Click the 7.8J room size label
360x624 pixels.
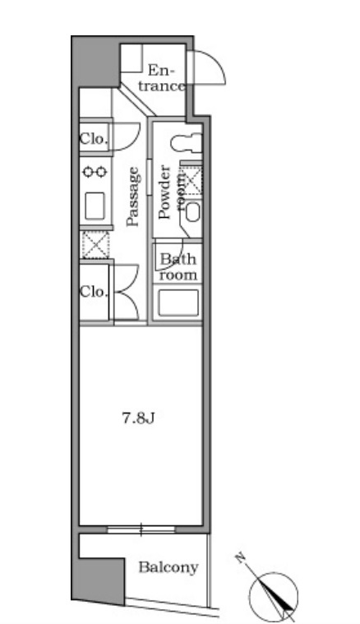[x=138, y=418]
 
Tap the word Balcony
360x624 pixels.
[x=168, y=567]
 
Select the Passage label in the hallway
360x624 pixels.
[x=133, y=196]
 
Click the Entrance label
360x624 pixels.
[x=162, y=79]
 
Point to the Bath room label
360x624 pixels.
[x=178, y=267]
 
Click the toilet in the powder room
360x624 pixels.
[x=187, y=142]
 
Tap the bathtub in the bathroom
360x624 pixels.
[x=178, y=303]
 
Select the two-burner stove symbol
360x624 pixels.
[x=95, y=172]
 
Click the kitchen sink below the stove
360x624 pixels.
[x=95, y=206]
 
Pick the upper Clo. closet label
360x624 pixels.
[x=94, y=139]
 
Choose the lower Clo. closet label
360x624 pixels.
[x=94, y=292]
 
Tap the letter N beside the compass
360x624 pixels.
[x=240, y=558]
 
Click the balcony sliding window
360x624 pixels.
[x=141, y=529]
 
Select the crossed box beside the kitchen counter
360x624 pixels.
[x=95, y=244]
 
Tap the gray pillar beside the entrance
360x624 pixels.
[x=95, y=62]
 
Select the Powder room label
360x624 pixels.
[x=170, y=192]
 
